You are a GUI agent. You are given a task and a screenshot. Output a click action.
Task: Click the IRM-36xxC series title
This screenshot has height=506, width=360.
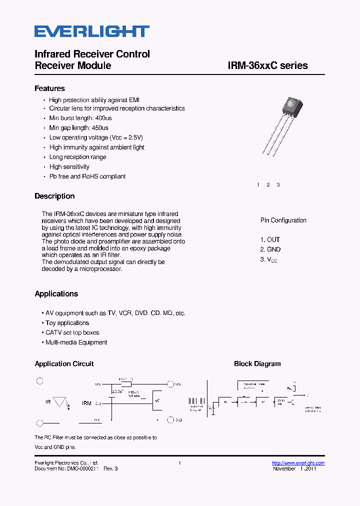point(267,65)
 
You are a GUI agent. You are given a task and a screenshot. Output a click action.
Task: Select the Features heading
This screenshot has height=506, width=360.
point(49,88)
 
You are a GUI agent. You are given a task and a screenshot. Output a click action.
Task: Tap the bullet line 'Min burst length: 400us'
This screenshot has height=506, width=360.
point(80,118)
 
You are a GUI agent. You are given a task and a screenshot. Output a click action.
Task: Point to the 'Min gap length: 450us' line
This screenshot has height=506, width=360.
point(78,128)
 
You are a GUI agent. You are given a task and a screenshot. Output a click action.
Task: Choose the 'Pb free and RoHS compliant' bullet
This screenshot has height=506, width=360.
point(87,176)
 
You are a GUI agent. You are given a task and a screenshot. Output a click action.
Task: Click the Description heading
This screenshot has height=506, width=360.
point(54,196)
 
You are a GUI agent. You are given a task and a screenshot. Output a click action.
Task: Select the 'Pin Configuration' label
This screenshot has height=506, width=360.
point(283,220)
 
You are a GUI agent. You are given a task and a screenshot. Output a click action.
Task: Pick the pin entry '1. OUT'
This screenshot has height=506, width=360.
point(270,239)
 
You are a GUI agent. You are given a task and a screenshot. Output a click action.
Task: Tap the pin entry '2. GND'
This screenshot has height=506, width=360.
point(270,249)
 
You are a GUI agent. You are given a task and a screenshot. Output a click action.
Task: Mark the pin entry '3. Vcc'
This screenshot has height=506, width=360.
point(268,259)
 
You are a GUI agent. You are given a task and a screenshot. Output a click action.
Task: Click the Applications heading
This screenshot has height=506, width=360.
point(56,293)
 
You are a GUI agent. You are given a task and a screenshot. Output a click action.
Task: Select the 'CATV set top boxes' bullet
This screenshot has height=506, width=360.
point(72,332)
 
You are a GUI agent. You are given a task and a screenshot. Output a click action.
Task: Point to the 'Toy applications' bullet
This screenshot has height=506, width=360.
point(67,323)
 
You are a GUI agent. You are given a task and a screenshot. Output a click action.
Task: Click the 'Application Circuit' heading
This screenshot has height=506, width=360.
point(64,363)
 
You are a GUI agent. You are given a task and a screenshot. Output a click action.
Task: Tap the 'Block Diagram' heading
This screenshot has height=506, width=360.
point(257,363)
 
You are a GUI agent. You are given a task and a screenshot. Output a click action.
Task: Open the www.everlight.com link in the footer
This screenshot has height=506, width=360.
point(298,463)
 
